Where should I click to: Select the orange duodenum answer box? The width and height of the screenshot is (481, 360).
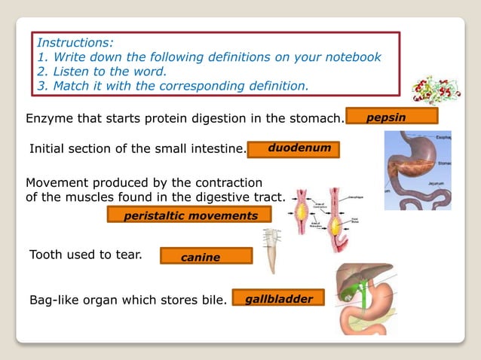point(293,148)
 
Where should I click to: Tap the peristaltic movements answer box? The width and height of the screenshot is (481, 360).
point(191,215)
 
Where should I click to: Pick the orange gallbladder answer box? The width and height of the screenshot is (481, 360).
point(278,299)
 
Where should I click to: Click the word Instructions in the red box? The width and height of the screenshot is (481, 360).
point(75,43)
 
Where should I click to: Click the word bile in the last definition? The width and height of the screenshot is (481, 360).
point(212,301)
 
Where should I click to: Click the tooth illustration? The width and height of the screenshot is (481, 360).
point(271,250)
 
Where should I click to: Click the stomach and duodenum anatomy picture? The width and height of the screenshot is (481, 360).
point(417,169)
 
